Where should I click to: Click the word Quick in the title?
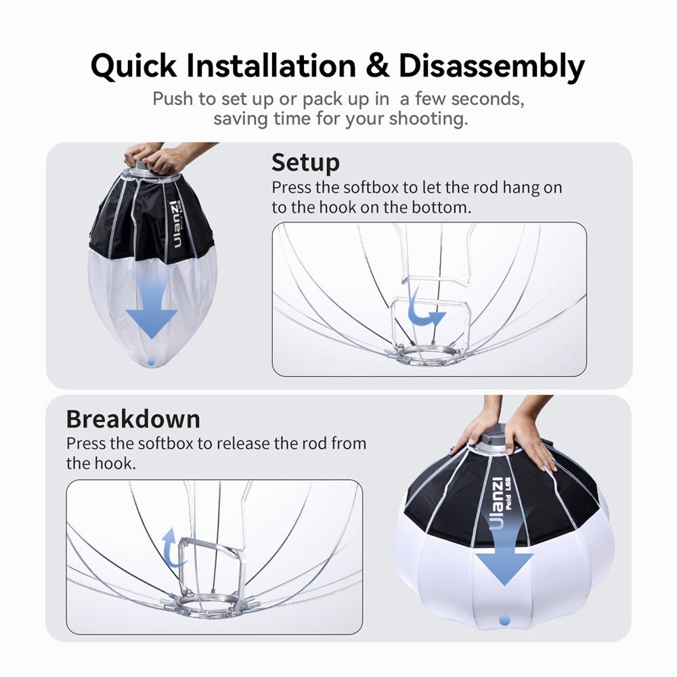point(134,66)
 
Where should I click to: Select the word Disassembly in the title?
point(492,67)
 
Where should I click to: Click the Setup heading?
point(306,162)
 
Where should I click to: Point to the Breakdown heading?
point(133,419)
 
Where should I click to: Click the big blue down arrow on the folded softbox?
point(152,309)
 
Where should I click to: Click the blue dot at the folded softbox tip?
point(151,362)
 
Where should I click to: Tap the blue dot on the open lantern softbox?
point(504,620)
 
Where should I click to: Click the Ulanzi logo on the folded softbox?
point(176,225)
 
